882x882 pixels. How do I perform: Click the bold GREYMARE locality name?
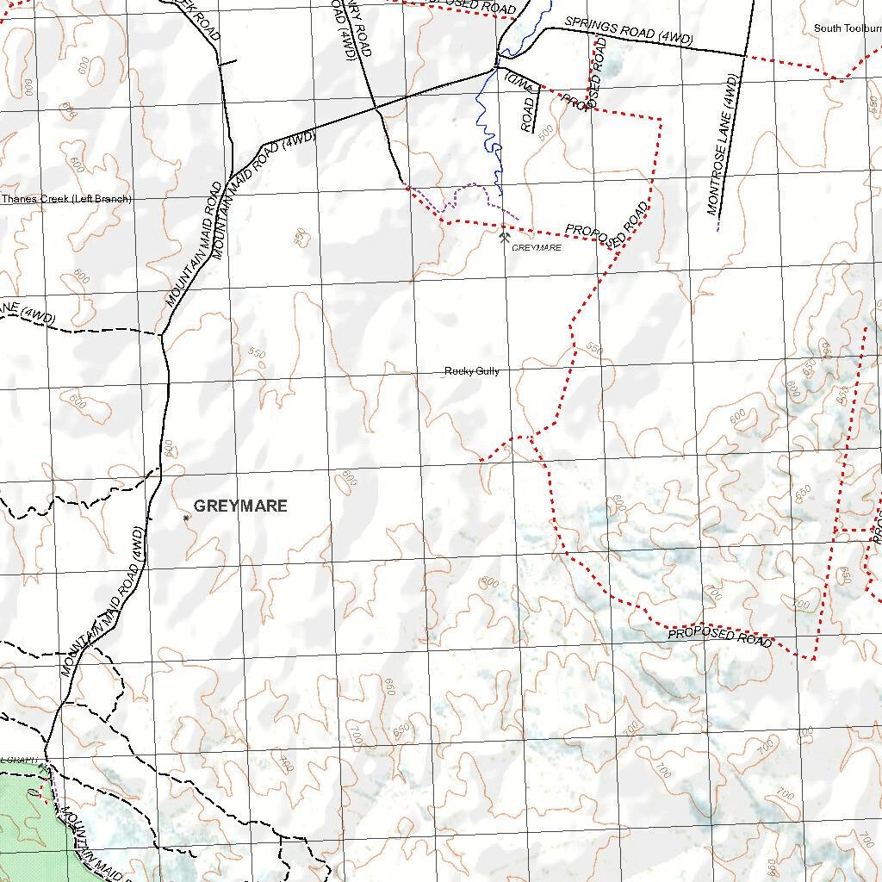[240, 506]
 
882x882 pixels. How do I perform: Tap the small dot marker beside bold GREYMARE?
[186, 518]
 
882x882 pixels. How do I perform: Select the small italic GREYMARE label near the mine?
[536, 248]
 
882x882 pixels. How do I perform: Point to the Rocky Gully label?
[471, 371]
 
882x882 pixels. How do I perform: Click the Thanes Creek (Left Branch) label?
[66, 199]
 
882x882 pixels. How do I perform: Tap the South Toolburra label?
[847, 28]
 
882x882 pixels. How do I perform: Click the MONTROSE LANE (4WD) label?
[723, 145]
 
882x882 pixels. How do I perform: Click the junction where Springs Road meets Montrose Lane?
[744, 56]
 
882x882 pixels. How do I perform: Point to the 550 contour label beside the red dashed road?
[594, 349]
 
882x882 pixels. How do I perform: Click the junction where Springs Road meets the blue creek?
[497, 65]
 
